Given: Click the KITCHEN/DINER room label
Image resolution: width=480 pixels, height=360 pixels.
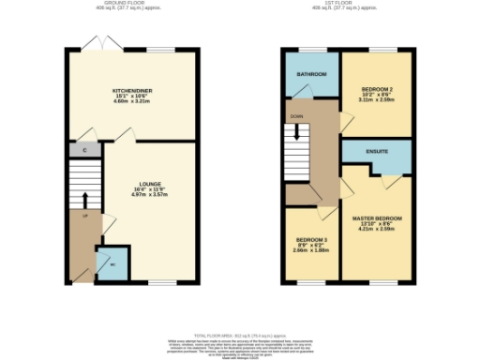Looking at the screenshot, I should [x=131, y=90].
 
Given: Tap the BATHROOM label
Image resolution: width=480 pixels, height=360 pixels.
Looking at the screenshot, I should [x=311, y=73].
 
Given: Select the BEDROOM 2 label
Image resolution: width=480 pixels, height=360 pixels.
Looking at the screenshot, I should [x=375, y=89].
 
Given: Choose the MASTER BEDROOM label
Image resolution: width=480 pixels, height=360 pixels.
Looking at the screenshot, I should [x=376, y=218].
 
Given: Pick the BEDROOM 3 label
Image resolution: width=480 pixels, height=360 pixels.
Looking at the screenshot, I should [x=311, y=240].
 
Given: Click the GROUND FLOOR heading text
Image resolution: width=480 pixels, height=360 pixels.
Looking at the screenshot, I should [x=133, y=4].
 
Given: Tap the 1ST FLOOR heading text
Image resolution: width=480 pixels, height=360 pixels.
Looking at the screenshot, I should [x=346, y=4].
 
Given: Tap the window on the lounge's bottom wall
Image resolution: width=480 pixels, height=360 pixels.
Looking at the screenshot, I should [x=161, y=282].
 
